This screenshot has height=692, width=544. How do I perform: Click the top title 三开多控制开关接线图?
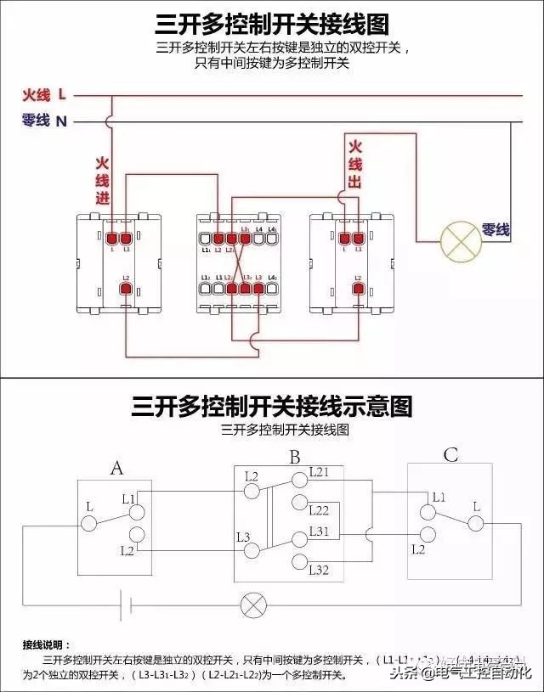[272, 24]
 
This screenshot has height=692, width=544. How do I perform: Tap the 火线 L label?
[44, 94]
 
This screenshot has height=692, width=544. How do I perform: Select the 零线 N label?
[44, 121]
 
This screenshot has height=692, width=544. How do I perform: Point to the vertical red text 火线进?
[102, 181]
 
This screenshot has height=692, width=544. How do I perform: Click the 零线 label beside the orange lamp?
[496, 229]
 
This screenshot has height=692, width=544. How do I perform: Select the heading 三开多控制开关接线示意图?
[272, 407]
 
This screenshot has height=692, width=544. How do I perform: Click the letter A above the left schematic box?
[117, 467]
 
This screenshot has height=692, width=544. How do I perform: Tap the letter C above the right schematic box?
[450, 456]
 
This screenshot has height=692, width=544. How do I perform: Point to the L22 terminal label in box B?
[319, 510]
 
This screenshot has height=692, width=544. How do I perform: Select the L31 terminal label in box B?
[319, 531]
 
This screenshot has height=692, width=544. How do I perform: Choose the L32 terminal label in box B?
[319, 569]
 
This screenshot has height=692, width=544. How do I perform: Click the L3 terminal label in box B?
[243, 537]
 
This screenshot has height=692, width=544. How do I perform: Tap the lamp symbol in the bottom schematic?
[252, 605]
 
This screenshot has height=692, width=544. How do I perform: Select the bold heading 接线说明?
[48, 644]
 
